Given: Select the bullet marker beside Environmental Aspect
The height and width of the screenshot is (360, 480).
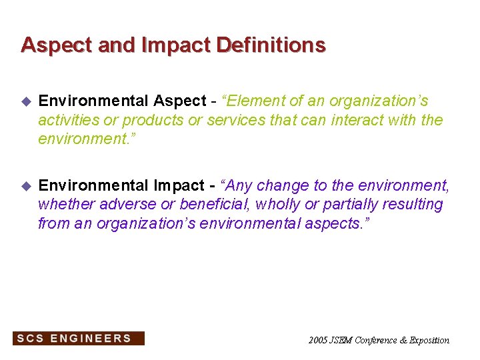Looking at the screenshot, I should pos(26,102).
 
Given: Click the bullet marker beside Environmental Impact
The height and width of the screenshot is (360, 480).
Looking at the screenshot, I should pos(26,186).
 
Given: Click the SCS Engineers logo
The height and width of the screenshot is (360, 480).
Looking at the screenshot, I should pos(78,339).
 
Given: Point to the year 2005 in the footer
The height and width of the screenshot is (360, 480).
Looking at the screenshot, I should pos(318,341).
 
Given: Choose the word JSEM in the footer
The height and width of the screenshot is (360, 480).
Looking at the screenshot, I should pos(341,341).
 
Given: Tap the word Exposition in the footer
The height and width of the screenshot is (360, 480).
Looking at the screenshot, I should pos(429,341).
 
